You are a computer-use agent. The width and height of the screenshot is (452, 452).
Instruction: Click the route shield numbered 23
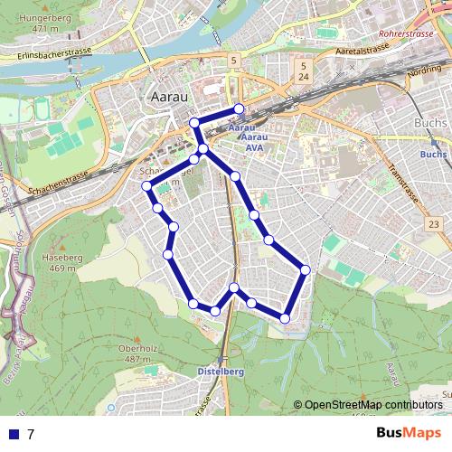click(435, 223)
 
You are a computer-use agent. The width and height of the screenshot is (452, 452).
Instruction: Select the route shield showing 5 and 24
click(305, 72)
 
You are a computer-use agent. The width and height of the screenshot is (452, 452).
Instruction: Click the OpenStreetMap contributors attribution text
click(372, 405)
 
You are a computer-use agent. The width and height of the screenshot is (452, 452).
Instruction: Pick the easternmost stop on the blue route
click(306, 269)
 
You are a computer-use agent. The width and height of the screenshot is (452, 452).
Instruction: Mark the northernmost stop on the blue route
click(239, 109)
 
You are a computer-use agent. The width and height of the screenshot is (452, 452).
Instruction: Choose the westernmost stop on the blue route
click(147, 186)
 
